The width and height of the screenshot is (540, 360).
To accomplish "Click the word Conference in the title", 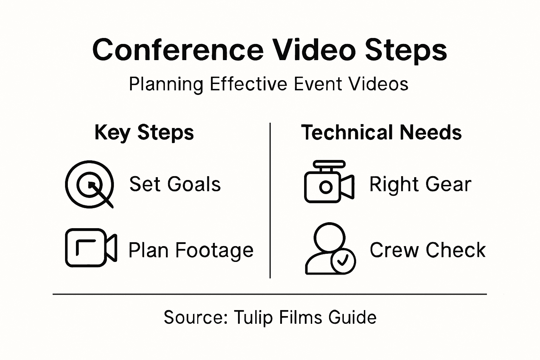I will [x=178, y=50].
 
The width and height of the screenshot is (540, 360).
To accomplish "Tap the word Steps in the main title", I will [x=406, y=50].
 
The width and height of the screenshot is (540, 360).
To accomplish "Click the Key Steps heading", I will [x=144, y=133].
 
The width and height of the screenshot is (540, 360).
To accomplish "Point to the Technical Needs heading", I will [x=381, y=133].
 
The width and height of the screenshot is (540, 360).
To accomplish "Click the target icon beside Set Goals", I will [x=90, y=184].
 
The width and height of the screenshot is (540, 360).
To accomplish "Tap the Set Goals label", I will [x=175, y=184].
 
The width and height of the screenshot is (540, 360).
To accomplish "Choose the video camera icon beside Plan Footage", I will [x=91, y=247].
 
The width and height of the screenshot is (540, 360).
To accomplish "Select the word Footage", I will [x=214, y=250].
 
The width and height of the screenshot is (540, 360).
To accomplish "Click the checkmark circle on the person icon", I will [x=343, y=261].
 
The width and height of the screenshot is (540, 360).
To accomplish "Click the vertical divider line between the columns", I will [x=270, y=200].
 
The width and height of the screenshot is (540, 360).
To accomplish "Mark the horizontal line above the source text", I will [x=270, y=294].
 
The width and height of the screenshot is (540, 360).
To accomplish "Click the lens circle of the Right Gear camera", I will [x=326, y=187].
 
